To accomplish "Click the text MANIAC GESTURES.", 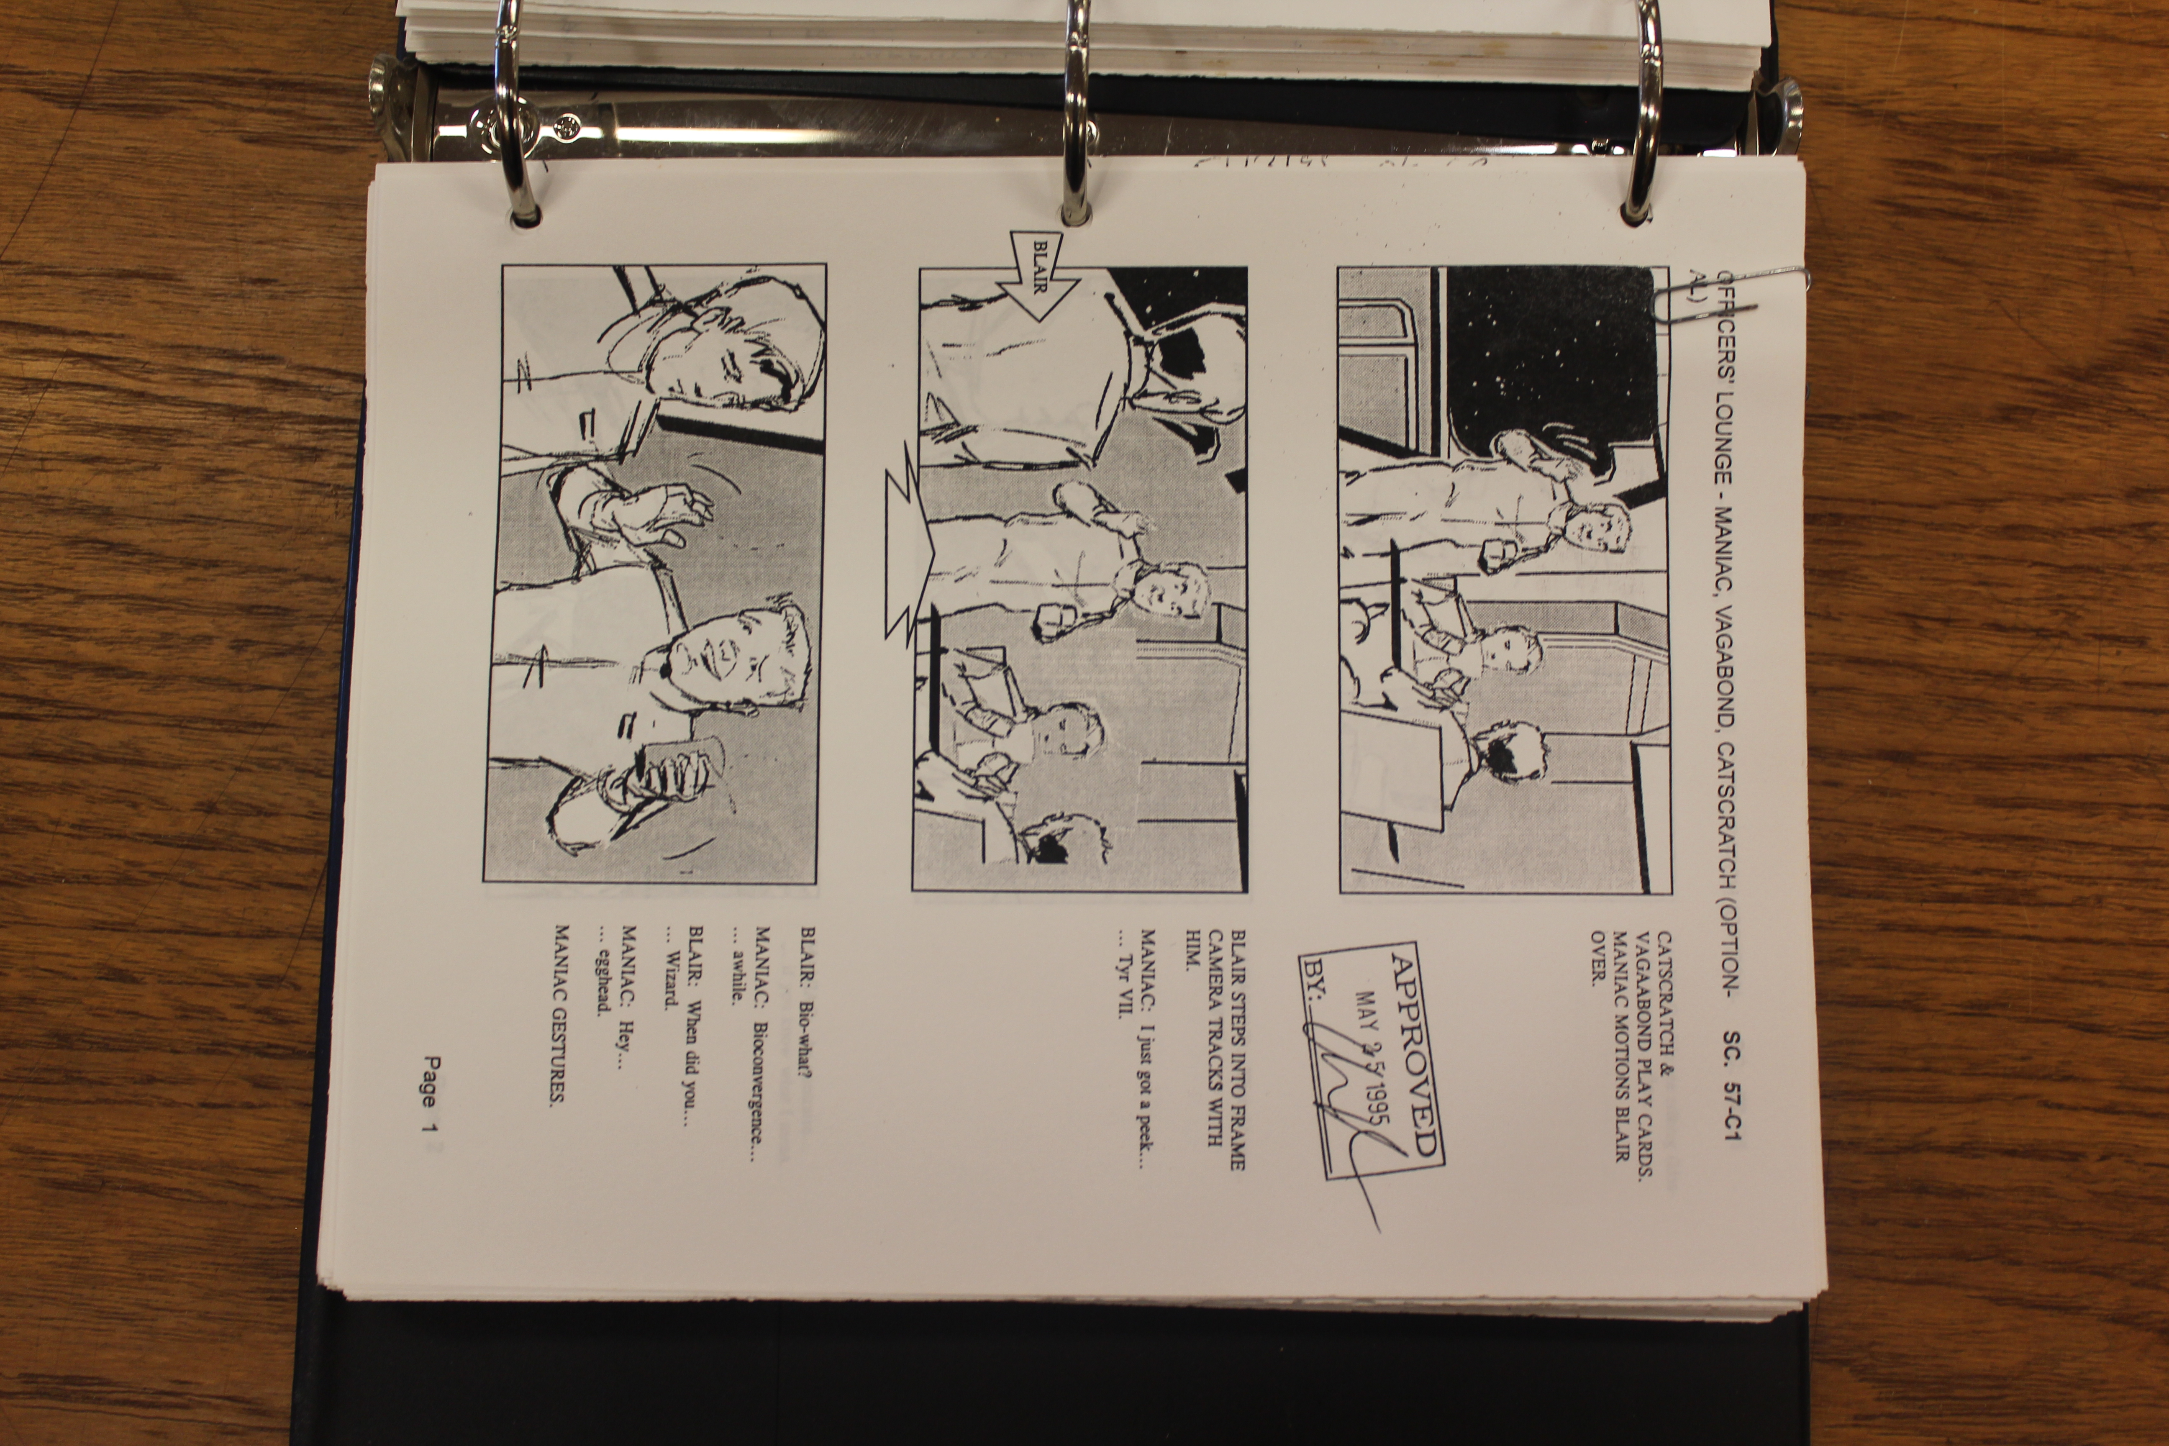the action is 560,1014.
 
